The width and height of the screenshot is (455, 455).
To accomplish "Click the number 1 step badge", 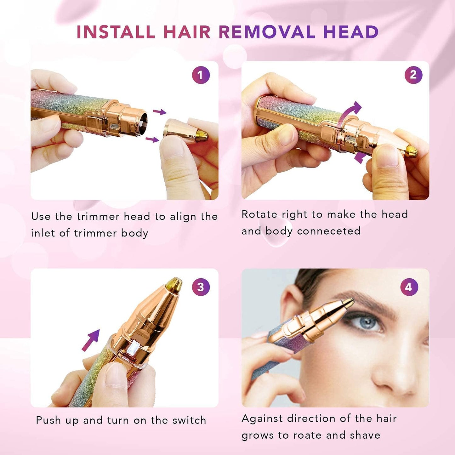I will pyautogui.click(x=201, y=75).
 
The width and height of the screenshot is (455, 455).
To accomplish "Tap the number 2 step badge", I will pyautogui.click(x=413, y=75).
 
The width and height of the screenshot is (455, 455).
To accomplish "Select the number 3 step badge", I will pyautogui.click(x=201, y=287).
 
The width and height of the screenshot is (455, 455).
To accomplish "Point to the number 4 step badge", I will pyautogui.click(x=409, y=287).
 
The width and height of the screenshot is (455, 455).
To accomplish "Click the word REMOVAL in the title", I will pyautogui.click(x=267, y=32).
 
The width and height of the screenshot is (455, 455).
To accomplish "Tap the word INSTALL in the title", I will pyautogui.click(x=116, y=32).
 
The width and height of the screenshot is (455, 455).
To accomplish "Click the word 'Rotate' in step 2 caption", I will pyautogui.click(x=259, y=214).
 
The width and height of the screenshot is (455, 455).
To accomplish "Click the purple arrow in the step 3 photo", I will pyautogui.click(x=91, y=340).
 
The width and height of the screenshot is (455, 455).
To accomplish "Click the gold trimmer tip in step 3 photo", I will pyautogui.click(x=174, y=284).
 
